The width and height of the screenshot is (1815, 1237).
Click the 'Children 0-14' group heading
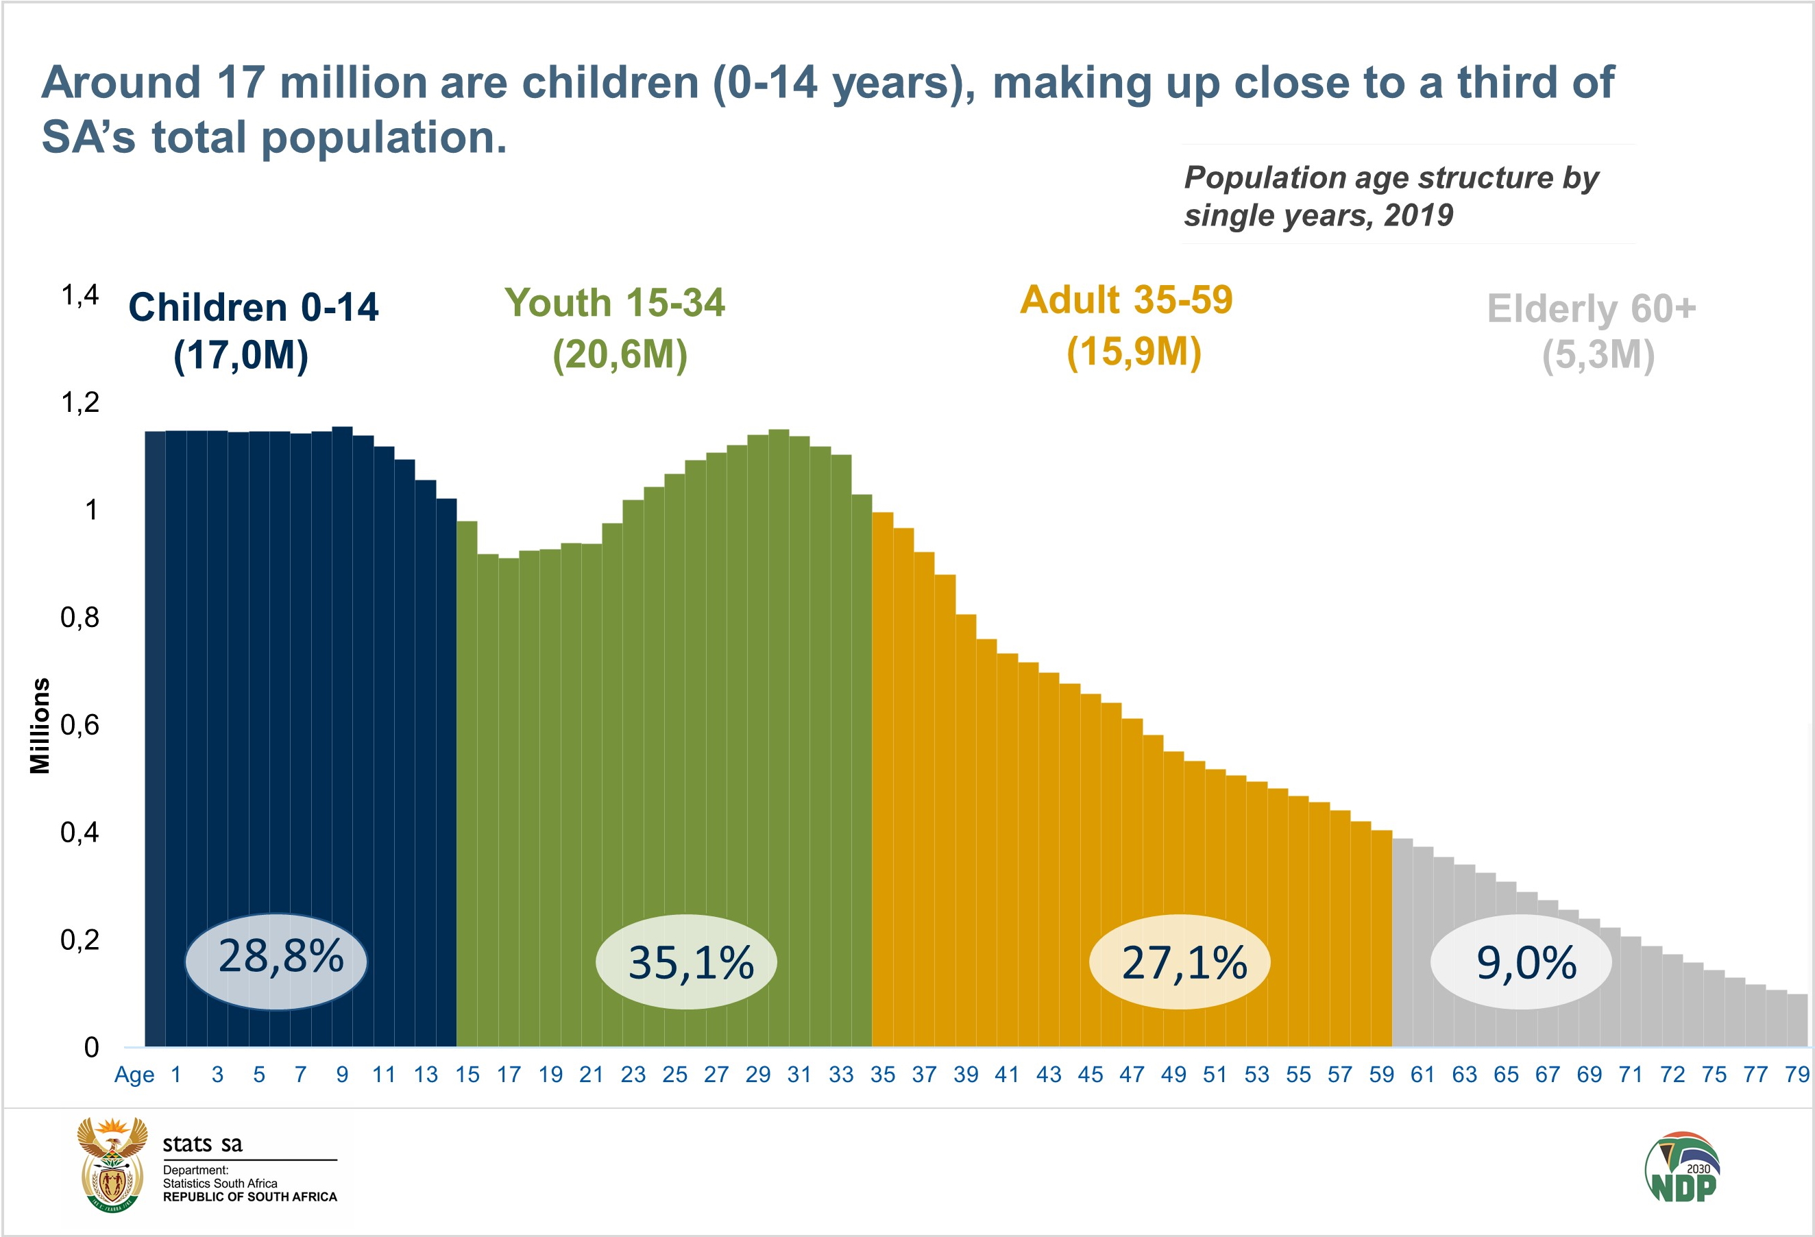253,307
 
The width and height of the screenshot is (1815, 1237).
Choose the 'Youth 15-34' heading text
615,302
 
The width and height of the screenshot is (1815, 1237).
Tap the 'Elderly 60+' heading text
1591,308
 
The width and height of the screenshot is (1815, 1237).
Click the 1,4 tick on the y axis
80,295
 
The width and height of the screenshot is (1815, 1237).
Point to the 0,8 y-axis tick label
80,617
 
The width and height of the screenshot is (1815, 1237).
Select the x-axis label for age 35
883,1075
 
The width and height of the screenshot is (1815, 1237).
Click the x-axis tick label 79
1796,1075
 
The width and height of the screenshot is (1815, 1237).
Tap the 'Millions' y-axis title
40,726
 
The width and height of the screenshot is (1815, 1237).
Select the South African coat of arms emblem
112,1164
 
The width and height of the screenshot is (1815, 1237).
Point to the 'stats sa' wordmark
202,1144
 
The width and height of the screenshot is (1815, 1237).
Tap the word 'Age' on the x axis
134,1075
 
